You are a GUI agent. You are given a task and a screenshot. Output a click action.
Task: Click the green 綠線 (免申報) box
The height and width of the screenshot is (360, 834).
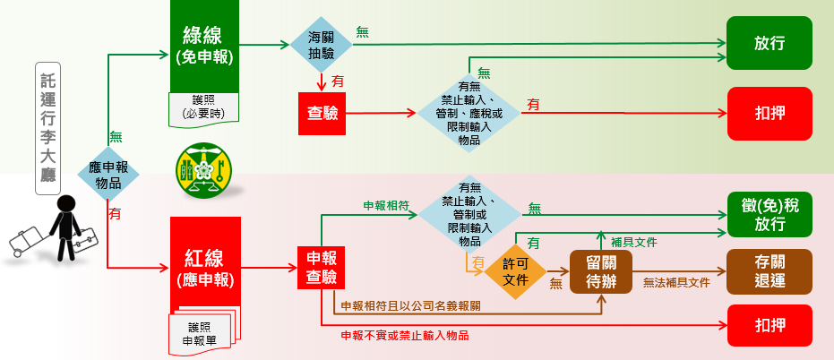[202, 45]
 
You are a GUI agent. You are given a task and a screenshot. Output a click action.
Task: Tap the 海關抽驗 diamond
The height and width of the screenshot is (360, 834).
[320, 44]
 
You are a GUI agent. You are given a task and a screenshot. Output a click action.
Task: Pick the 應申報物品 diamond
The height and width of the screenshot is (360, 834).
[107, 175]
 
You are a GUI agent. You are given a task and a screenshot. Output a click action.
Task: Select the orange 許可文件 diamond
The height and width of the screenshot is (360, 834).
[515, 270]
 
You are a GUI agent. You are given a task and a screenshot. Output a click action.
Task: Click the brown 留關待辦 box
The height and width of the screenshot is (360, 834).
[601, 270]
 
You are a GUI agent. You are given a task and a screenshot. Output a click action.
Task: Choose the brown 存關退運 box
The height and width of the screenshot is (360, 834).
[770, 270]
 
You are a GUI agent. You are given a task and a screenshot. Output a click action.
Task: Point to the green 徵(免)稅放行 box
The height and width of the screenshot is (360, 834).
[770, 216]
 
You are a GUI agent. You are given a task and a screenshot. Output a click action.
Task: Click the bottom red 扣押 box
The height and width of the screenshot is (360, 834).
[770, 325]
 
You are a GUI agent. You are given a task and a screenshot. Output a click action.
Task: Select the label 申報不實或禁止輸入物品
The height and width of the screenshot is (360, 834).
[405, 336]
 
